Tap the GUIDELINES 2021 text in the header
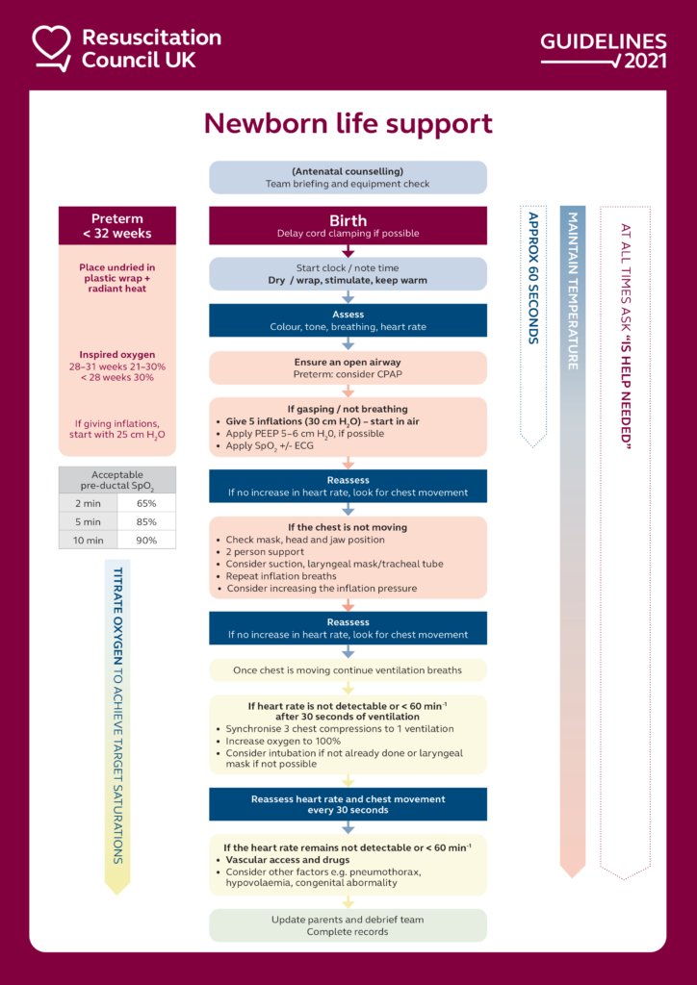pos(603,51)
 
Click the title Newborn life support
pos(348,124)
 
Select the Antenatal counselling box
pos(348,177)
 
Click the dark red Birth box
pos(348,225)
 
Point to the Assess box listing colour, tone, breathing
pos(348,320)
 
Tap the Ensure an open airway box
pos(348,367)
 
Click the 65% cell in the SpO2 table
pos(147,503)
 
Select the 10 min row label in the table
pos(89,540)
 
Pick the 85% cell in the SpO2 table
pos(147,521)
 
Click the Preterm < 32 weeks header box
pos(117,225)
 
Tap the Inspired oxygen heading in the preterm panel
pos(117,355)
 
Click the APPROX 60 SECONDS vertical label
pos(533,279)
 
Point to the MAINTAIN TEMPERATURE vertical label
pos(572,290)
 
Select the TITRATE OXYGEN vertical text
pos(117,712)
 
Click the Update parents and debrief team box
pos(348,925)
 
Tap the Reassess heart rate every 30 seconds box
pos(348,804)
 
